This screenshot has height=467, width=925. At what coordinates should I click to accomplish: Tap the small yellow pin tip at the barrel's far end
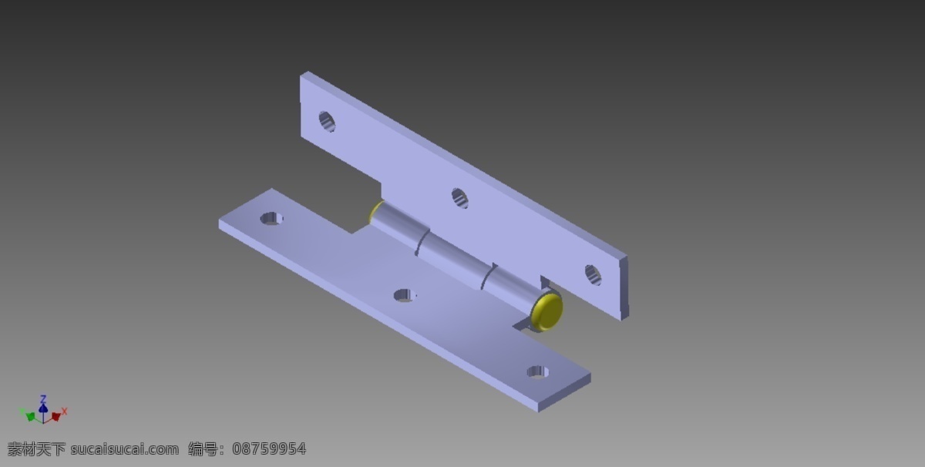tap(374, 210)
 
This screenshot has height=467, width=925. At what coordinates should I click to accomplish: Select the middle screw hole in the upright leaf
tap(459, 198)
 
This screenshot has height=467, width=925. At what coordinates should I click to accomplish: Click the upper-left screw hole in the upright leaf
tap(327, 122)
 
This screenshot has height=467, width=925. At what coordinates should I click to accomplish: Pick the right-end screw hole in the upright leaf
tap(593, 275)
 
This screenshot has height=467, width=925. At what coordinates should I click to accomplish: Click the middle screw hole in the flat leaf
tap(405, 295)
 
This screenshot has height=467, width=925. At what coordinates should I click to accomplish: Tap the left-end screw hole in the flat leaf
tap(271, 218)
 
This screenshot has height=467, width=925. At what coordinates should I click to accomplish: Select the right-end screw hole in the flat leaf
tap(538, 371)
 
